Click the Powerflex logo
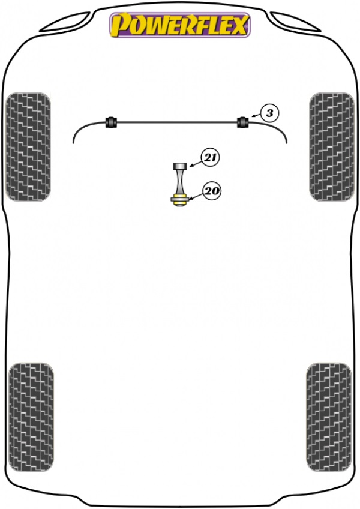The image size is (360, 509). (180, 25)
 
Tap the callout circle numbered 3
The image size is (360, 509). (269, 113)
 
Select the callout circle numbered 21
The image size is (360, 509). (211, 158)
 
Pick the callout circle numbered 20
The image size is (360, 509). (211, 191)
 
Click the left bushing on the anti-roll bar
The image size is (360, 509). (112, 122)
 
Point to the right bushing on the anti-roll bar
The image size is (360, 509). (242, 122)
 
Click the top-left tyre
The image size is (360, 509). (28, 146)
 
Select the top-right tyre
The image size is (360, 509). (332, 146)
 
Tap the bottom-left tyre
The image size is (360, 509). (31, 417)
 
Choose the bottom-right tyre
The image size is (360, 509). (329, 417)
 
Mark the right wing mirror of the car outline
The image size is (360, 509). (295, 22)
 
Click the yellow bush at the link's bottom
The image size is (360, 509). (178, 200)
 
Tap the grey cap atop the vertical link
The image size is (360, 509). (179, 166)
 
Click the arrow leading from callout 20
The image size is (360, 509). (196, 196)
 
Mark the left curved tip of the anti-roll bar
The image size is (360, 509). (74, 143)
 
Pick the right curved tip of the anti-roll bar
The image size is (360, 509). (286, 143)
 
